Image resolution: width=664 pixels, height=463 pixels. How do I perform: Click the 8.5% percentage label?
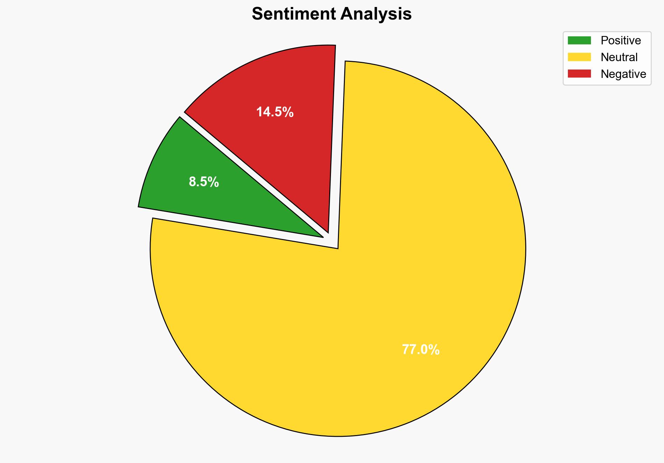(204, 182)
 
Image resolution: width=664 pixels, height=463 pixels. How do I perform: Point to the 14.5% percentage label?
(275, 112)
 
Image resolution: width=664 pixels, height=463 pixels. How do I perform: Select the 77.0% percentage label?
(420, 350)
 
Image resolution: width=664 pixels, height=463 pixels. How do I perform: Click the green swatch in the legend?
(579, 41)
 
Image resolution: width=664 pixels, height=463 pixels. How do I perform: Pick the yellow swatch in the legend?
(579, 57)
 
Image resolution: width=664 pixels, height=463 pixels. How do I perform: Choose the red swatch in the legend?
(579, 74)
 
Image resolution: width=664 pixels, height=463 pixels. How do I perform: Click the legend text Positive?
(621, 41)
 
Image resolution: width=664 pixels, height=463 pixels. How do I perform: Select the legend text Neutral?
(619, 57)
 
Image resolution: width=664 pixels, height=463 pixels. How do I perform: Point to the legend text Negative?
(623, 74)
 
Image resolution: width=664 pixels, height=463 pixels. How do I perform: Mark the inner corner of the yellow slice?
(337, 248)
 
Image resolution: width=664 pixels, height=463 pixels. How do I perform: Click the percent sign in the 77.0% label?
(433, 350)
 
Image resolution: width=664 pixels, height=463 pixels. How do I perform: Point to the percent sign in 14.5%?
(288, 112)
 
